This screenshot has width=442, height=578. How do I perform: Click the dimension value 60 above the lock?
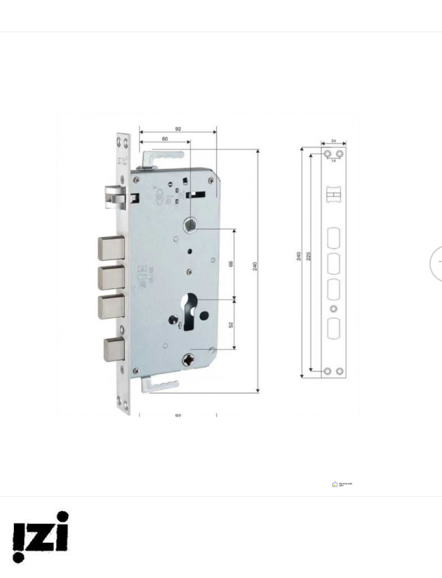click(164, 139)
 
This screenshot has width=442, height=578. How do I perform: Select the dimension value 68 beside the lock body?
click(231, 264)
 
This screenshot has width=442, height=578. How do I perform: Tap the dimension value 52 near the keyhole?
click(231, 324)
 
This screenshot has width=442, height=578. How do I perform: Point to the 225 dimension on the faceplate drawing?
click(309, 256)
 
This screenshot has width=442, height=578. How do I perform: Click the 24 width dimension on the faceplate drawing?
click(333, 141)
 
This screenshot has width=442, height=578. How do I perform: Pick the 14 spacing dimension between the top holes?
click(333, 161)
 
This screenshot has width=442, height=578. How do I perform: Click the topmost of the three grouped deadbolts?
click(110, 248)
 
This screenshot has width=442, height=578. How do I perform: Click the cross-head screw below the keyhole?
click(188, 361)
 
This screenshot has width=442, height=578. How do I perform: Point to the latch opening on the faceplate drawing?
click(333, 193)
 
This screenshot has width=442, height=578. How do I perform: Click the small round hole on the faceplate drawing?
click(333, 309)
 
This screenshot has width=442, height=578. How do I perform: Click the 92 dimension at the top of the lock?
click(178, 129)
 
